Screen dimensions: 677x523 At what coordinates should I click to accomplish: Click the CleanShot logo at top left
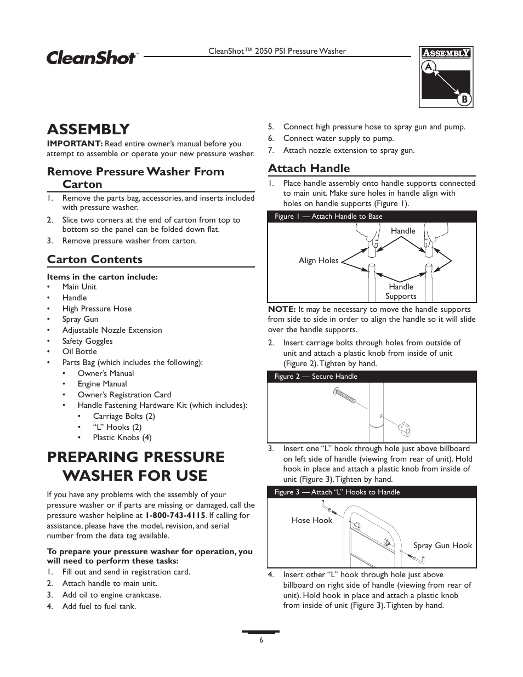pyautogui.click(x=92, y=57)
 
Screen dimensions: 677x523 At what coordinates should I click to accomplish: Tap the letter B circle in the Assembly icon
pyautogui.click(x=464, y=99)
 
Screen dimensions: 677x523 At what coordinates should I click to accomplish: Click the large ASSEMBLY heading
pyautogui.click(x=88, y=129)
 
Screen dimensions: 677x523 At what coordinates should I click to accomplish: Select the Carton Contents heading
pyautogui.click(x=94, y=259)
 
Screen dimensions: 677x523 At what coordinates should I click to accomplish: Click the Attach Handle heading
pyautogui.click(x=309, y=168)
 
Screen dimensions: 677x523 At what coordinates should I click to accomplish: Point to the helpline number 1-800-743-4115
pyautogui.click(x=175, y=515)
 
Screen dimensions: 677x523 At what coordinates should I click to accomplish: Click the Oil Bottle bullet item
pyautogui.click(x=79, y=351)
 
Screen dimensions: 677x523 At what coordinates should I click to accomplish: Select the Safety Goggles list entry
pyautogui.click(x=87, y=341)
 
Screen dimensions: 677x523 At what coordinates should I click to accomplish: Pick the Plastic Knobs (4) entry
pyautogui.click(x=122, y=437)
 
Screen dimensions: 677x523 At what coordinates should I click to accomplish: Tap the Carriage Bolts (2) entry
pyautogui.click(x=123, y=416)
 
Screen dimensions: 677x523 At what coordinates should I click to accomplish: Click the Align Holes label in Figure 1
pyautogui.click(x=319, y=260)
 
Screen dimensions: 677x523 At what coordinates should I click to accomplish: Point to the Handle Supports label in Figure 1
pyautogui.click(x=401, y=292)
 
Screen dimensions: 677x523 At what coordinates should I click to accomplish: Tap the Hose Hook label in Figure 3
pyautogui.click(x=311, y=520)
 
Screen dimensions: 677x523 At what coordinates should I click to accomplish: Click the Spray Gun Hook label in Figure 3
pyautogui.click(x=442, y=545)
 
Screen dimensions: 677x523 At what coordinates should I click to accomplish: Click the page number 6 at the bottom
pyautogui.click(x=261, y=640)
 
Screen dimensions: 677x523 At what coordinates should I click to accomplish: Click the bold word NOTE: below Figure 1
pyautogui.click(x=282, y=309)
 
